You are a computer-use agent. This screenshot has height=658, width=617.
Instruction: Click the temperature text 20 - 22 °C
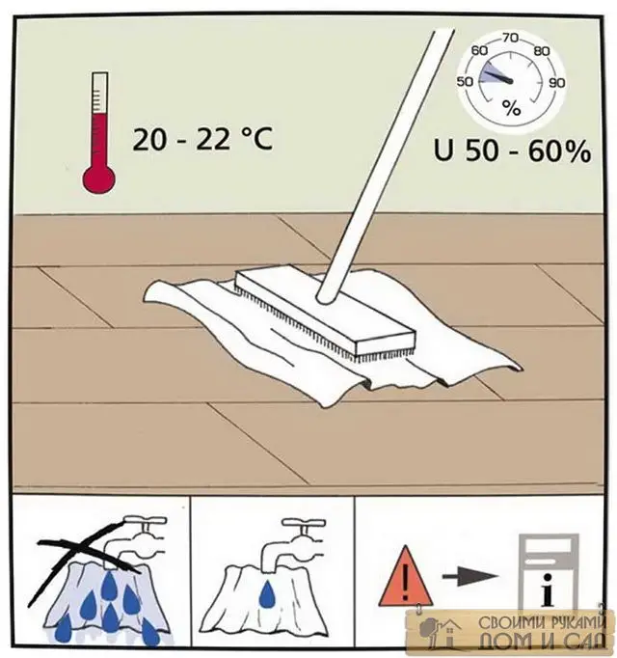click(x=202, y=139)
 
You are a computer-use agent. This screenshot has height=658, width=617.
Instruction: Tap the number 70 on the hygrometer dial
click(x=510, y=39)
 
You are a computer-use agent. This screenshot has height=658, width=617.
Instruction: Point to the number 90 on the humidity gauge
click(x=557, y=83)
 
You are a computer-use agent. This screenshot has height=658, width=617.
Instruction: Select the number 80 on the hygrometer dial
click(x=542, y=51)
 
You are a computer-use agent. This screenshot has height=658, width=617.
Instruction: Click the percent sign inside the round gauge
click(x=511, y=109)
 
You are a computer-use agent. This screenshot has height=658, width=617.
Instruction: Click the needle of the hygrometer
click(x=497, y=77)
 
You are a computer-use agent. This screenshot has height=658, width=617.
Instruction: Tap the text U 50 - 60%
click(x=513, y=151)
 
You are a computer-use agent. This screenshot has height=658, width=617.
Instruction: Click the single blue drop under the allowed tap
click(x=266, y=595)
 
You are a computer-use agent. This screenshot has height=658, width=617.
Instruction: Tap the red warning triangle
click(x=405, y=577)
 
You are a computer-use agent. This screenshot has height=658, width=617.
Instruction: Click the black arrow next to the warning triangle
click(x=469, y=576)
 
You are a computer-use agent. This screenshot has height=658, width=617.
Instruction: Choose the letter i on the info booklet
click(x=547, y=590)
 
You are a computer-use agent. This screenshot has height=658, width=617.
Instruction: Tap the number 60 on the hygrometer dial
click(x=479, y=50)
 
